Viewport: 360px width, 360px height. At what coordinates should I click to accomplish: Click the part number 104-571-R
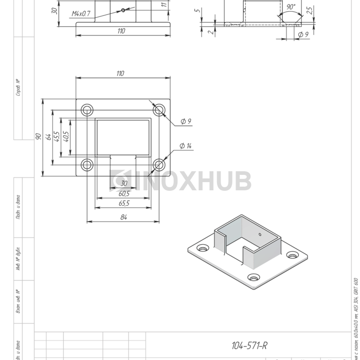tap(249, 345)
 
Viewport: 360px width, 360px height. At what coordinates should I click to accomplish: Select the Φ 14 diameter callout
tap(185, 146)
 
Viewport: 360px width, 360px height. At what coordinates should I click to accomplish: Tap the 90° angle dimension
tap(291, 7)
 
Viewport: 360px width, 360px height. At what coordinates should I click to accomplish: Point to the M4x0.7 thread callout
tap(81, 13)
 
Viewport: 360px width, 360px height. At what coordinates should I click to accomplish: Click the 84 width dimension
tap(123, 217)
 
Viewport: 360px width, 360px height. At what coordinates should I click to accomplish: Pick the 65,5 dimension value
tap(123, 203)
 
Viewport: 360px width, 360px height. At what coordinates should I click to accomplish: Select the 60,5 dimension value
tap(123, 193)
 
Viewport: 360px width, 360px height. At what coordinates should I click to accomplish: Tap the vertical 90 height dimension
tap(38, 137)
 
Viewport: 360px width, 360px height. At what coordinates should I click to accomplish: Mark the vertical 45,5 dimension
tap(57, 137)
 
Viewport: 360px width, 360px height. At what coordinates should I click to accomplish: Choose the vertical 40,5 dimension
tap(65, 137)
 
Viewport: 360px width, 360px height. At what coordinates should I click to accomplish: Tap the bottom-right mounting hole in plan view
tap(159, 165)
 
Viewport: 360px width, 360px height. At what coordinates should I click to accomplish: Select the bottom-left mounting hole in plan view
tap(87, 165)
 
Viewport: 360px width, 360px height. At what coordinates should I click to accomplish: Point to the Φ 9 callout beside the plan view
tap(186, 121)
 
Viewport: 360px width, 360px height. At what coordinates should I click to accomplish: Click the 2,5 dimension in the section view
tap(309, 10)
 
